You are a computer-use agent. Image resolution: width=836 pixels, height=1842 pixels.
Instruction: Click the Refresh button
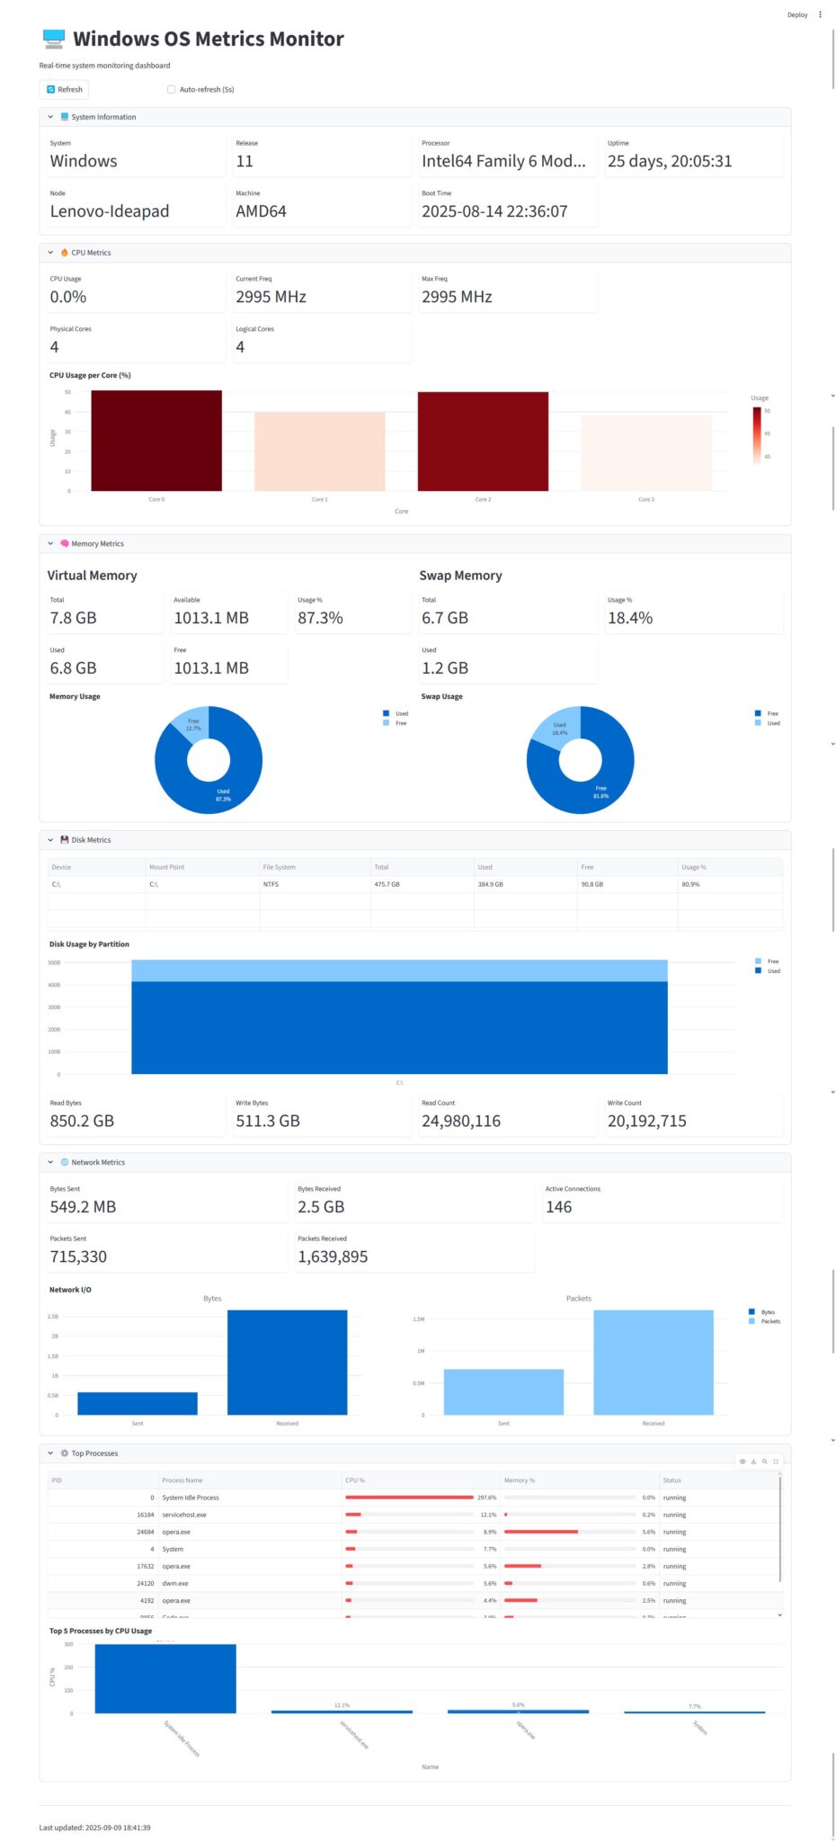tap(64, 89)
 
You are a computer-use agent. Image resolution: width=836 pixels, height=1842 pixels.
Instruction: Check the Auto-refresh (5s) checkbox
tap(172, 89)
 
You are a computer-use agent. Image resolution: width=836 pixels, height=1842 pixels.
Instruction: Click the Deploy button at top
tap(796, 14)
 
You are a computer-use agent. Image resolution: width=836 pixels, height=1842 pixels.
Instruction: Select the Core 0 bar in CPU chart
tap(156, 441)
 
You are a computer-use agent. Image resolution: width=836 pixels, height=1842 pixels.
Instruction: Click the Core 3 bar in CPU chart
tap(645, 453)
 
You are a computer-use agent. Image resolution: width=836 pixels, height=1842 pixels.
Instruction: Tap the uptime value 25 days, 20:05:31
tap(670, 162)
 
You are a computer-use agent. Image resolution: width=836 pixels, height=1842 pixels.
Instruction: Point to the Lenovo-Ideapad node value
tap(110, 211)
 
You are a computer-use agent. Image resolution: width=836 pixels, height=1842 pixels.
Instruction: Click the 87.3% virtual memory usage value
tap(320, 618)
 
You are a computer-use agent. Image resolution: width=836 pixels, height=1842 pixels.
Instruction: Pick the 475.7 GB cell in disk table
tap(387, 884)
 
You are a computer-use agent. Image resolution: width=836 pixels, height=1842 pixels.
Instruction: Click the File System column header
tap(279, 867)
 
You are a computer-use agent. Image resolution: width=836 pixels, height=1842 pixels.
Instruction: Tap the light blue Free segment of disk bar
tap(399, 970)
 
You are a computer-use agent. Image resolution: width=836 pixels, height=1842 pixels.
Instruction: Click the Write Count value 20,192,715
tap(646, 1121)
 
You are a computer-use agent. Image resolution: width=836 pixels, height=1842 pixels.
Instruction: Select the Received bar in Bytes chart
tap(287, 1362)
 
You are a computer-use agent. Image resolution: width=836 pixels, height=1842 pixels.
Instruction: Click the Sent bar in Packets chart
tap(503, 1391)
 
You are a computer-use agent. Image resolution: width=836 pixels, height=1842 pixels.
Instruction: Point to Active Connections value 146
tap(558, 1207)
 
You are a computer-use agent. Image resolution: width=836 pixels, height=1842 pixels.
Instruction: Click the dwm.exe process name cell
tap(175, 1583)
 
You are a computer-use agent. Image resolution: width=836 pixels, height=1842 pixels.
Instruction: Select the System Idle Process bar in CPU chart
tap(165, 1678)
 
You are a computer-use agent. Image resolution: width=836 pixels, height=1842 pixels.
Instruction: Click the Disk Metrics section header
tap(91, 840)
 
